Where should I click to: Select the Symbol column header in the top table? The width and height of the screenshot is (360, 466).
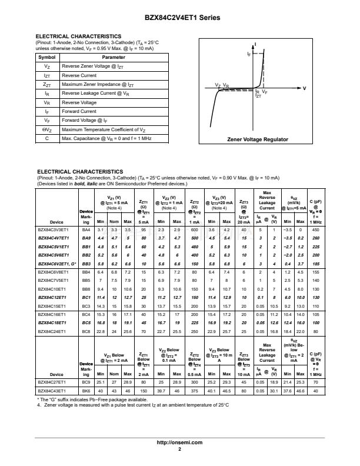coord(47,58)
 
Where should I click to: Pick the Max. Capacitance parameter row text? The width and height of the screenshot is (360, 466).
coord(106,138)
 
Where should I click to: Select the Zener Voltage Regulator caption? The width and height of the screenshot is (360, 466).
coord(258,139)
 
